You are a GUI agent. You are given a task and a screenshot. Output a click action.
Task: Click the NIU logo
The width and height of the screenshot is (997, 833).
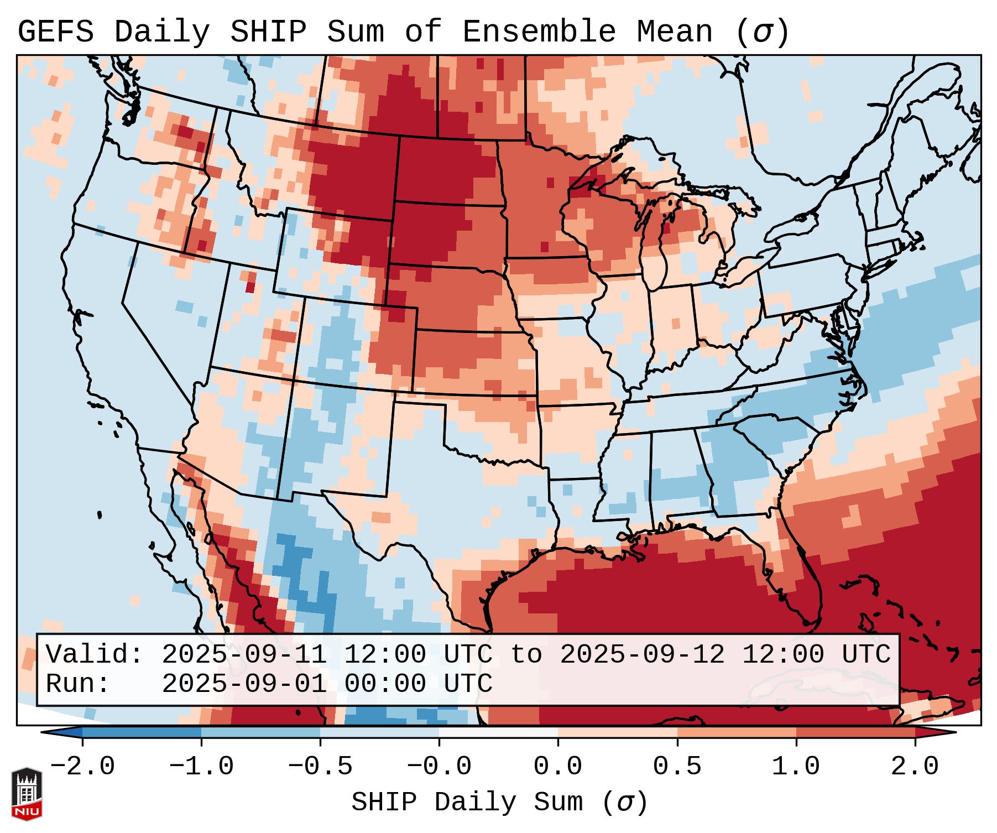pos(27,793)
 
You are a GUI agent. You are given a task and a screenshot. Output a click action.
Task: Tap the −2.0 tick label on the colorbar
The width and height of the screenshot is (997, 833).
pos(82,767)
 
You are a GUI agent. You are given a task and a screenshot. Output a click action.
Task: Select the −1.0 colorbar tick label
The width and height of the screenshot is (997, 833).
pos(201,767)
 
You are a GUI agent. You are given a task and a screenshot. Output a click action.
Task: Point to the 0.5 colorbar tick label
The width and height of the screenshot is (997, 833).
pos(677,767)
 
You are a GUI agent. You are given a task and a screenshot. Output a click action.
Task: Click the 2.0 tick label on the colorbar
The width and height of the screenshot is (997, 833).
pos(915,767)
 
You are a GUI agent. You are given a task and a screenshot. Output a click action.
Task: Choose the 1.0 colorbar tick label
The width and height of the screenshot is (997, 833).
pos(796,767)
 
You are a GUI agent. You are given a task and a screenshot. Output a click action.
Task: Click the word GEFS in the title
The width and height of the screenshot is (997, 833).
pos(56,32)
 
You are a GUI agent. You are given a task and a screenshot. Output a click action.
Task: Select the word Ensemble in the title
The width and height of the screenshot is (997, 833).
pos(539,32)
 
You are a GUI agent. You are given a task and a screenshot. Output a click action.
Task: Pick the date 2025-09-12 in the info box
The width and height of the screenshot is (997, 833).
pos(642,654)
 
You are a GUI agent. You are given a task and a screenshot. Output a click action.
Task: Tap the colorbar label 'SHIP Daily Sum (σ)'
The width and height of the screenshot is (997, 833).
pos(499,803)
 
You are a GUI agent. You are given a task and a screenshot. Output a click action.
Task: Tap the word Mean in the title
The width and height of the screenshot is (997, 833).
pos(675,32)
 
